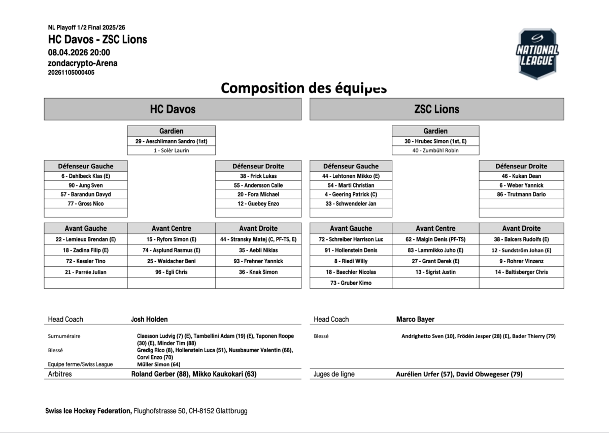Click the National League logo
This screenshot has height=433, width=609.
(537, 54)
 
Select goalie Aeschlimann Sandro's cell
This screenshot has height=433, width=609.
(172, 141)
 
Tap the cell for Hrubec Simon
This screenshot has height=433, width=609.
(435, 141)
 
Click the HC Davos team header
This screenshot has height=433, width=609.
(173, 109)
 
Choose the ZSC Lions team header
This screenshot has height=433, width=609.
(436, 109)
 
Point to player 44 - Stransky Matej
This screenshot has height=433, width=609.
(258, 239)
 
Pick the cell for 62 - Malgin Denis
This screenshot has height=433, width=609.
(435, 239)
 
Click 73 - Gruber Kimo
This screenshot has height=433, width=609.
(351, 283)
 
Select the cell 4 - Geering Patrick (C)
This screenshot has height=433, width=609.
(351, 194)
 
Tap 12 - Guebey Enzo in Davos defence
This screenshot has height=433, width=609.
(258, 204)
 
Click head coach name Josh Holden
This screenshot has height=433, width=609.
(149, 319)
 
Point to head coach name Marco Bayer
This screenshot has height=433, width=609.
(415, 319)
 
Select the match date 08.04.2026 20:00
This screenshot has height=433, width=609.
(79, 52)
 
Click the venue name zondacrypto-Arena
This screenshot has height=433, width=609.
(83, 63)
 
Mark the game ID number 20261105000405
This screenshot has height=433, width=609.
(71, 73)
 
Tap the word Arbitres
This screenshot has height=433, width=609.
(60, 374)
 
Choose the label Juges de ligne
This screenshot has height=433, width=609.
(334, 374)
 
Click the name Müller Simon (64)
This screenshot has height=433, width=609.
(158, 364)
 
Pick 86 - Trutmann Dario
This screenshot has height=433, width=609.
(521, 194)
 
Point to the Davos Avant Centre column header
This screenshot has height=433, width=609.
(172, 228)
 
